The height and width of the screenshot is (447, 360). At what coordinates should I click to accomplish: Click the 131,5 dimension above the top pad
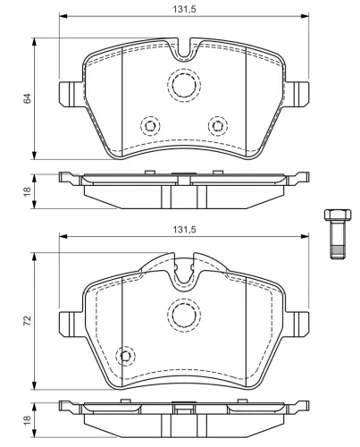pyautogui.click(x=184, y=9)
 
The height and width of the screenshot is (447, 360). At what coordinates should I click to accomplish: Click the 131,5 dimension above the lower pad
pyautogui.click(x=184, y=230)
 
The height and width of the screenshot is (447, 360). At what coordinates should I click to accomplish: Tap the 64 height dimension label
pyautogui.click(x=27, y=98)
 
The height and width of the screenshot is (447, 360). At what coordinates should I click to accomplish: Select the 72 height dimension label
pyautogui.click(x=27, y=320)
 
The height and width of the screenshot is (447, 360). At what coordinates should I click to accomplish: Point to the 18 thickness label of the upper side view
pyautogui.click(x=27, y=191)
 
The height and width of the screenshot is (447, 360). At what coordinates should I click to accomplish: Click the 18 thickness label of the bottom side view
pyautogui.click(x=27, y=420)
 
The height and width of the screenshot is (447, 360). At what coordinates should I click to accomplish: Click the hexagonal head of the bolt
pyautogui.click(x=338, y=215)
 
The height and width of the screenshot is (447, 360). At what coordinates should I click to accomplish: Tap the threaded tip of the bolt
pyautogui.click(x=338, y=252)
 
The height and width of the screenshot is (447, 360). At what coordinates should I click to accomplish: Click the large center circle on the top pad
pyautogui.click(x=184, y=85)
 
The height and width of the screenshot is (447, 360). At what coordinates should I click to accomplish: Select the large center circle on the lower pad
pyautogui.click(x=184, y=316)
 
